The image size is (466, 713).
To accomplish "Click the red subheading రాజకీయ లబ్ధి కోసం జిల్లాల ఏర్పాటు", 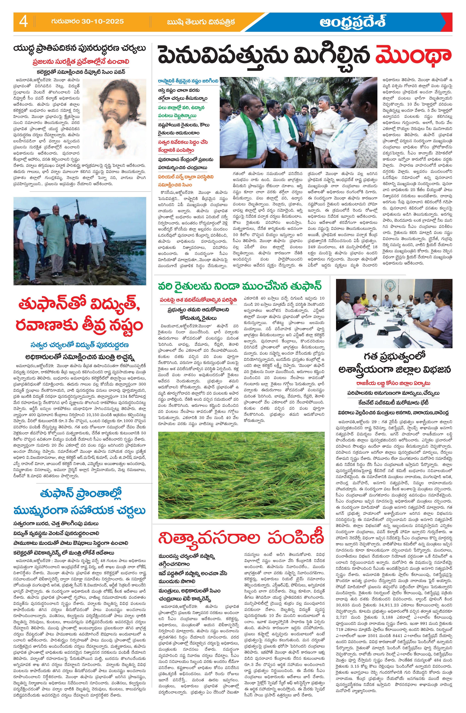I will pos(393,383).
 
